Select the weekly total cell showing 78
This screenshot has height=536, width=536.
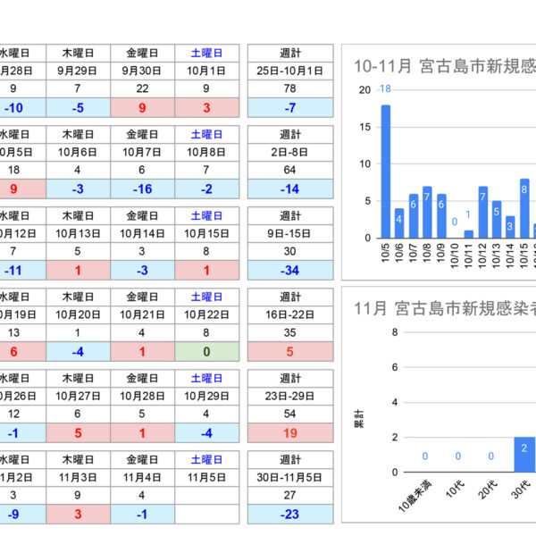point(289,88)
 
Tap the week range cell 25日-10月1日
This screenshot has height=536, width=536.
point(289,71)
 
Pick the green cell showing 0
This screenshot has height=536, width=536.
point(206,351)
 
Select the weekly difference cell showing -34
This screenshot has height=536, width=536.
point(289,270)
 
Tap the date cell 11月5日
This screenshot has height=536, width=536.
point(206,478)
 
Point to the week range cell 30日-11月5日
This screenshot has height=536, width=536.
point(289,478)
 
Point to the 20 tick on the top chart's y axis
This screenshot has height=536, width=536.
point(364,90)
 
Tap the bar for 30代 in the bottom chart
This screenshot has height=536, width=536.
point(524,455)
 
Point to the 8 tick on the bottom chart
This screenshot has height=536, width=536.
point(395,333)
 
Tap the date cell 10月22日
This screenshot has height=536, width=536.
point(206,315)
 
